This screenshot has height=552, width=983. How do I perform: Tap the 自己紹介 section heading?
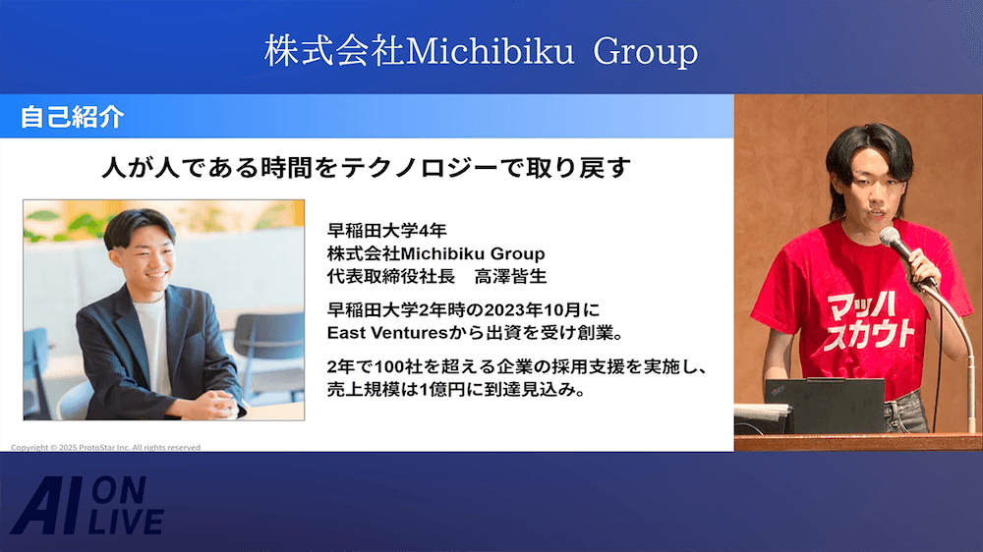click(72, 117)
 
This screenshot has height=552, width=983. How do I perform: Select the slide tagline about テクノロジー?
click(366, 168)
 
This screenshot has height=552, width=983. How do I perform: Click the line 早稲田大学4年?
click(386, 231)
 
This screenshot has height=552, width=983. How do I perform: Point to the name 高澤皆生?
click(510, 276)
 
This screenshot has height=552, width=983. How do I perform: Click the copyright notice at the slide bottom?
click(105, 447)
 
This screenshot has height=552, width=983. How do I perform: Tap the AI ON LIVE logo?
click(87, 506)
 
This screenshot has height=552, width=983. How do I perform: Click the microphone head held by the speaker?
click(890, 237)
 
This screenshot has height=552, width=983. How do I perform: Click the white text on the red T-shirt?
click(867, 322)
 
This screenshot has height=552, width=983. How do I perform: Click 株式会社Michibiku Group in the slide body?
click(435, 253)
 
